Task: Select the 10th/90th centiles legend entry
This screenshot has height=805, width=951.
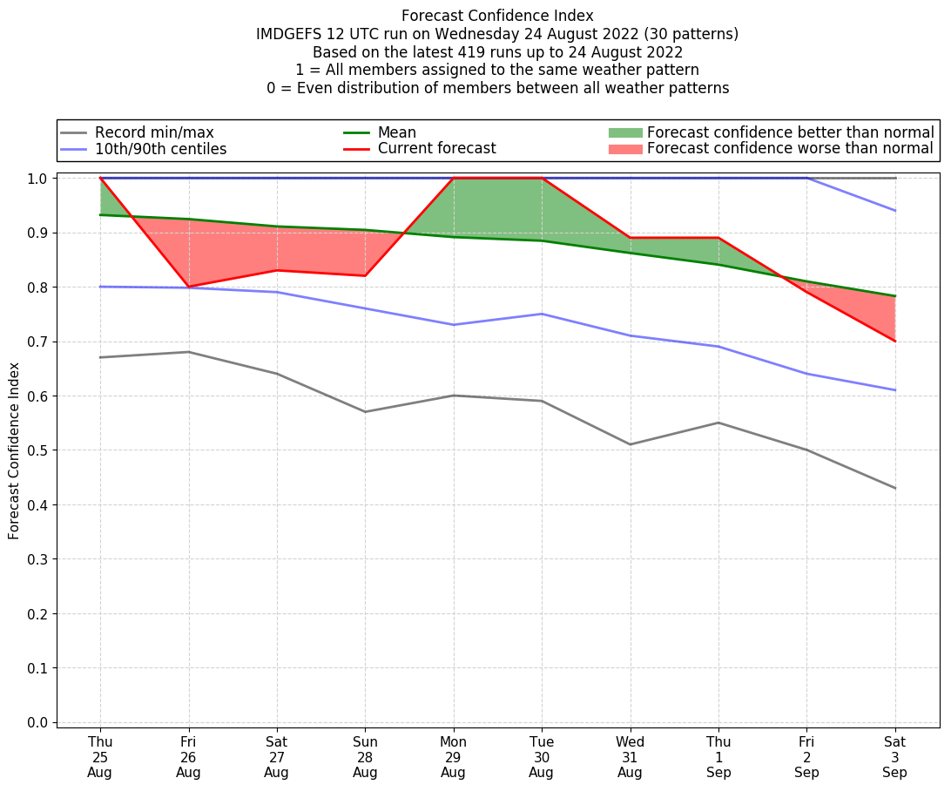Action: click(160, 149)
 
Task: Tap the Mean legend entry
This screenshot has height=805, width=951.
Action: click(396, 132)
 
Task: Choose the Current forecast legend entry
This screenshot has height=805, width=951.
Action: click(436, 149)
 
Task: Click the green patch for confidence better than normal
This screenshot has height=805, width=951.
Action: click(625, 132)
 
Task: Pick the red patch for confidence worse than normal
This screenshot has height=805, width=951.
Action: click(625, 149)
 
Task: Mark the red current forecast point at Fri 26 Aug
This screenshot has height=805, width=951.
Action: click(188, 287)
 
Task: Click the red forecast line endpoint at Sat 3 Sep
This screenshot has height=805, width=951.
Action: click(894, 341)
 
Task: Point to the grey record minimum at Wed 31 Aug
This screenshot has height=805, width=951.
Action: click(630, 444)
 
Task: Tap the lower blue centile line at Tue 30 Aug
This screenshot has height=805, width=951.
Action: click(542, 314)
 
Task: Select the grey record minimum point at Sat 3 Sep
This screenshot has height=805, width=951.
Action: click(894, 488)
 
